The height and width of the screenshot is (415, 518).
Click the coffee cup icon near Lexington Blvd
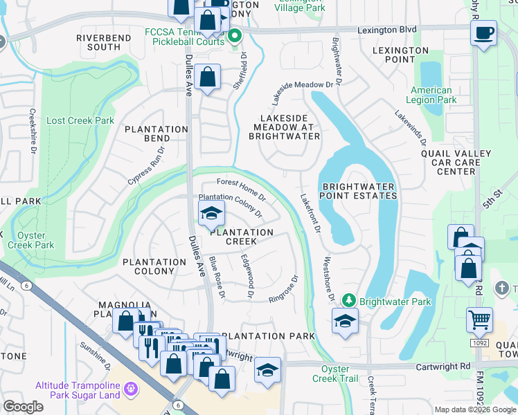(x=483, y=32)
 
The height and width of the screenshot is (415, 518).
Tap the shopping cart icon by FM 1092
(x=479, y=320)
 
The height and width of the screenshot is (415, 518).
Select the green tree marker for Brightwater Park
(x=350, y=300)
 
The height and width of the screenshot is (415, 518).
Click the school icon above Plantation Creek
(x=212, y=213)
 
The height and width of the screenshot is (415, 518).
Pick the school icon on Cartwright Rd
(x=267, y=369)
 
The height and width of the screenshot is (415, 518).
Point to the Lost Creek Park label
(x=80, y=120)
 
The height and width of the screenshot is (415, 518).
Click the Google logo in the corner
(x=23, y=407)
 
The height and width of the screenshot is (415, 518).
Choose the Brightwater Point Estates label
(x=358, y=191)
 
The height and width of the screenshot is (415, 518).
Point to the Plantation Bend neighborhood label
(x=156, y=134)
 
